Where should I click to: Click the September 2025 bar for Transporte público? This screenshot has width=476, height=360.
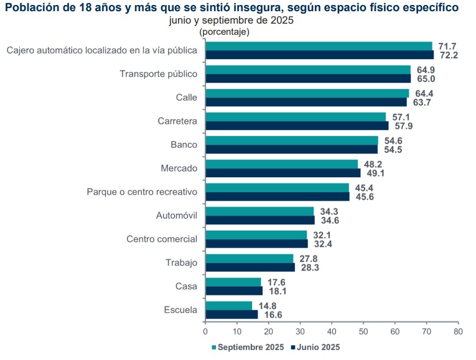click(x=308, y=70)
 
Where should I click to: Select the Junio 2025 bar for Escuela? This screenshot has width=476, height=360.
click(x=231, y=315)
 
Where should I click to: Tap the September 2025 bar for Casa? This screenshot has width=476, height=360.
click(x=233, y=282)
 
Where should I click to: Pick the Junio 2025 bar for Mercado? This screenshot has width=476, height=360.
click(x=283, y=173)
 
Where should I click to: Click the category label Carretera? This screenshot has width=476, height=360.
click(x=177, y=121)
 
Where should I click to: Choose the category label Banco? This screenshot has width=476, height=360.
click(x=184, y=145)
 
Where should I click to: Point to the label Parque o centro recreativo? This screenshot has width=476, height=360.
click(x=142, y=192)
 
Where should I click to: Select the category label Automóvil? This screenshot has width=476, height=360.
click(x=176, y=216)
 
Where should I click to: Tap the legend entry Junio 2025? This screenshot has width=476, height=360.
click(x=317, y=347)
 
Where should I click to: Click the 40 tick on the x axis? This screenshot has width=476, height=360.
click(x=332, y=331)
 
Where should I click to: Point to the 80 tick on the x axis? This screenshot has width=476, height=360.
click(x=458, y=331)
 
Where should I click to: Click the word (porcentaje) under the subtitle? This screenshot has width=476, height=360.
click(x=224, y=31)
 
